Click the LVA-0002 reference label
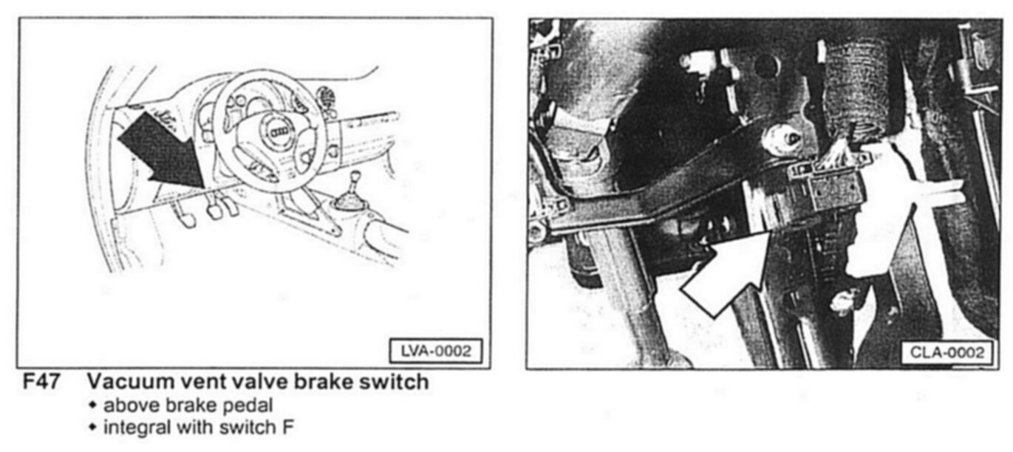pyautogui.click(x=436, y=352)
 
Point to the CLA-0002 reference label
pyautogui.click(x=947, y=352)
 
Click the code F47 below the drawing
pyautogui.click(x=41, y=382)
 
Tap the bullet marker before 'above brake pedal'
pyautogui.click(x=92, y=405)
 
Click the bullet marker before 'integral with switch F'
pyautogui.click(x=92, y=427)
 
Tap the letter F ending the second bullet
pyautogui.click(x=287, y=427)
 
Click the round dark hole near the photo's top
pyautogui.click(x=766, y=66)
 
